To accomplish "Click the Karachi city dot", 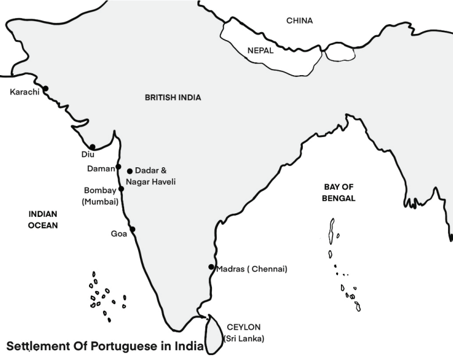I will tap(45, 88).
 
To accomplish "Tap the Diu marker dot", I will tap(92, 147).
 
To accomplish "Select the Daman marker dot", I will tap(119, 168).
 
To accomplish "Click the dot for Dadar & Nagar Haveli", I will tap(130, 171).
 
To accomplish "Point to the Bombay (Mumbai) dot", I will tap(121, 188).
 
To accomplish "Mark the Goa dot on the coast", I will tap(133, 229).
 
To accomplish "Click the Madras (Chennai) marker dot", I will tap(211, 267).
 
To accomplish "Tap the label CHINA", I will tap(299, 21).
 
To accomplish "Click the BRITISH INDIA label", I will tap(173, 97).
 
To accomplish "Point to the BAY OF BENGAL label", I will tap(339, 193).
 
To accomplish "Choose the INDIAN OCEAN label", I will tap(43, 219).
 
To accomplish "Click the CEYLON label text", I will tap(243, 327).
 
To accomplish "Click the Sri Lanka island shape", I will tap(213, 335).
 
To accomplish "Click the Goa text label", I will tap(118, 233).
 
